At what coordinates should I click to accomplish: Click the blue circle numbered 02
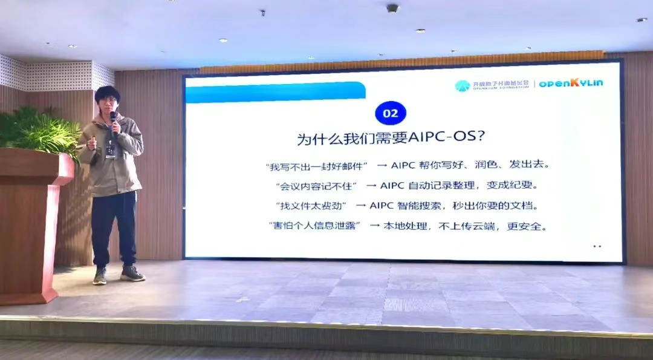pos(390,113)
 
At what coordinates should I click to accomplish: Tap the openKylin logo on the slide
pos(570,83)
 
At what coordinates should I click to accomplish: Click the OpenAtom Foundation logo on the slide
pos(492,85)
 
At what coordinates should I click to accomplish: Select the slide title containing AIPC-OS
pos(390,138)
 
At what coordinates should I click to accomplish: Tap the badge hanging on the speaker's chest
pos(111,149)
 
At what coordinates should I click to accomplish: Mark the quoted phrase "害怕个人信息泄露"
pos(314,226)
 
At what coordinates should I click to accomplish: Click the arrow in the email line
pos(382,165)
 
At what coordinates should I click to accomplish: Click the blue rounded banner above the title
pos(275,93)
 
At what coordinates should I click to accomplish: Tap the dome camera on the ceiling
pos(392,8)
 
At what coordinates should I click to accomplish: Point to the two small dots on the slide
pos(597,246)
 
